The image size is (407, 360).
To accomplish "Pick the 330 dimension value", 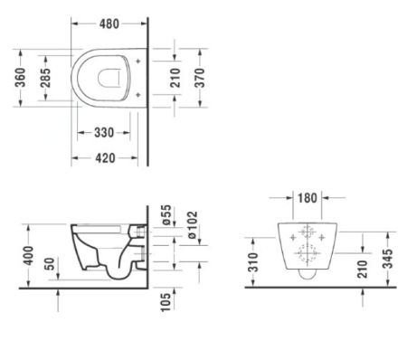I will click(104, 133).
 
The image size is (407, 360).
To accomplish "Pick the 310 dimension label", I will click(253, 262).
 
